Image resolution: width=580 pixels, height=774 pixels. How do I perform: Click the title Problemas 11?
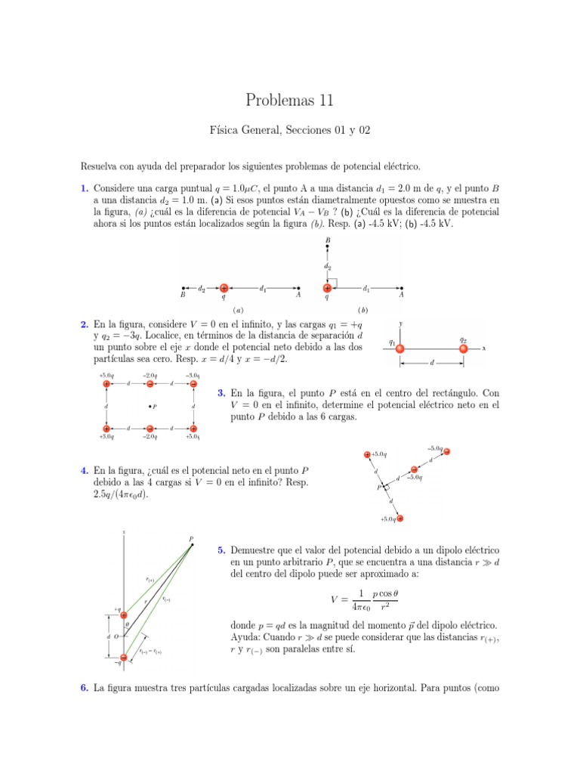[x=289, y=100]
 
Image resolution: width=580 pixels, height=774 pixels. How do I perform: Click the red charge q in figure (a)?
[x=224, y=288]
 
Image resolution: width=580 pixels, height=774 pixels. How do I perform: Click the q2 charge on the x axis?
[x=463, y=348]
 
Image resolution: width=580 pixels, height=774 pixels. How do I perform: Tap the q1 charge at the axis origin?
[x=400, y=348]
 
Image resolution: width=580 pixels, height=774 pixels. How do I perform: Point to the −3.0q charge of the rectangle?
[x=193, y=384]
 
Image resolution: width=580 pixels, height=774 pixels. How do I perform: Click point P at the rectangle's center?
[x=150, y=407]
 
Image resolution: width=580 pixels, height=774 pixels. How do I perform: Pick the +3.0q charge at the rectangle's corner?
[x=106, y=429]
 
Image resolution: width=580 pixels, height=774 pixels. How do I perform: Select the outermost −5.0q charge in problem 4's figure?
[x=446, y=452]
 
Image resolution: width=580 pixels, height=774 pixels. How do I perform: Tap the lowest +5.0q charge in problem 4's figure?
[x=400, y=519]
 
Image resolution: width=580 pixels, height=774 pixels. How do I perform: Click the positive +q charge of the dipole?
[x=124, y=615]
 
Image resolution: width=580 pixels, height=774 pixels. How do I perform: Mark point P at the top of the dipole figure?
[x=190, y=540]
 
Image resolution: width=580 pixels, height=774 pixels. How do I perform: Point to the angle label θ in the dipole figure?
[x=127, y=624]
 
